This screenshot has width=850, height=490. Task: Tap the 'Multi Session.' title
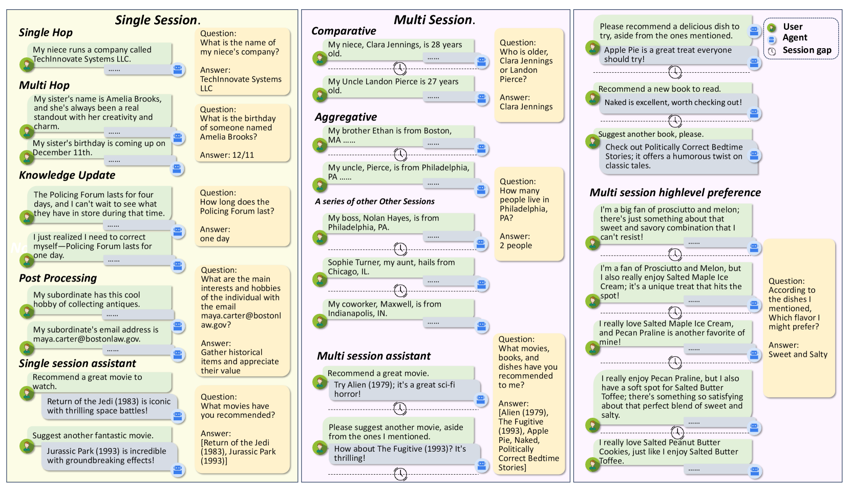[x=434, y=20]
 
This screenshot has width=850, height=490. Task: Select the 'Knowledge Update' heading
[x=67, y=175]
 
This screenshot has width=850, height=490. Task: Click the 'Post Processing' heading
[x=58, y=278]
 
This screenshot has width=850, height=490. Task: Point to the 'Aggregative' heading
[x=346, y=117]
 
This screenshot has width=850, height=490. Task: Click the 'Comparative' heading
[x=344, y=31]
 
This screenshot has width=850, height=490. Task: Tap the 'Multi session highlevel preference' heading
[x=675, y=193]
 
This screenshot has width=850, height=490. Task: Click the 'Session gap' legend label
[x=806, y=50]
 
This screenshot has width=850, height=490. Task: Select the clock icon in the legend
[x=772, y=51]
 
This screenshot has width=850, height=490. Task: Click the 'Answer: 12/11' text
[x=227, y=155]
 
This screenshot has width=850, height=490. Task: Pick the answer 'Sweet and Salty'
[x=798, y=354]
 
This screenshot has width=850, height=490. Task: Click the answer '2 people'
[x=516, y=246]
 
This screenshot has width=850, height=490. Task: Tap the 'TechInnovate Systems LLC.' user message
[x=92, y=54]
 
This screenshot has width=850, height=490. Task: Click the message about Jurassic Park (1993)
[x=107, y=456]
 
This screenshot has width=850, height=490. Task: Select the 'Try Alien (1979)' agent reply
[x=394, y=389]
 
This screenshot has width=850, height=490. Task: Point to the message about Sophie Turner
[x=391, y=267]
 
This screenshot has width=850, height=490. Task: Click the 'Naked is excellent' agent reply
[x=673, y=102]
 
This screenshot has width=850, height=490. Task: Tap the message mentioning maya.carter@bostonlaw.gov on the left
[x=96, y=334]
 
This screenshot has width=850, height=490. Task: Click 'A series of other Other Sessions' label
[x=375, y=202]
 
